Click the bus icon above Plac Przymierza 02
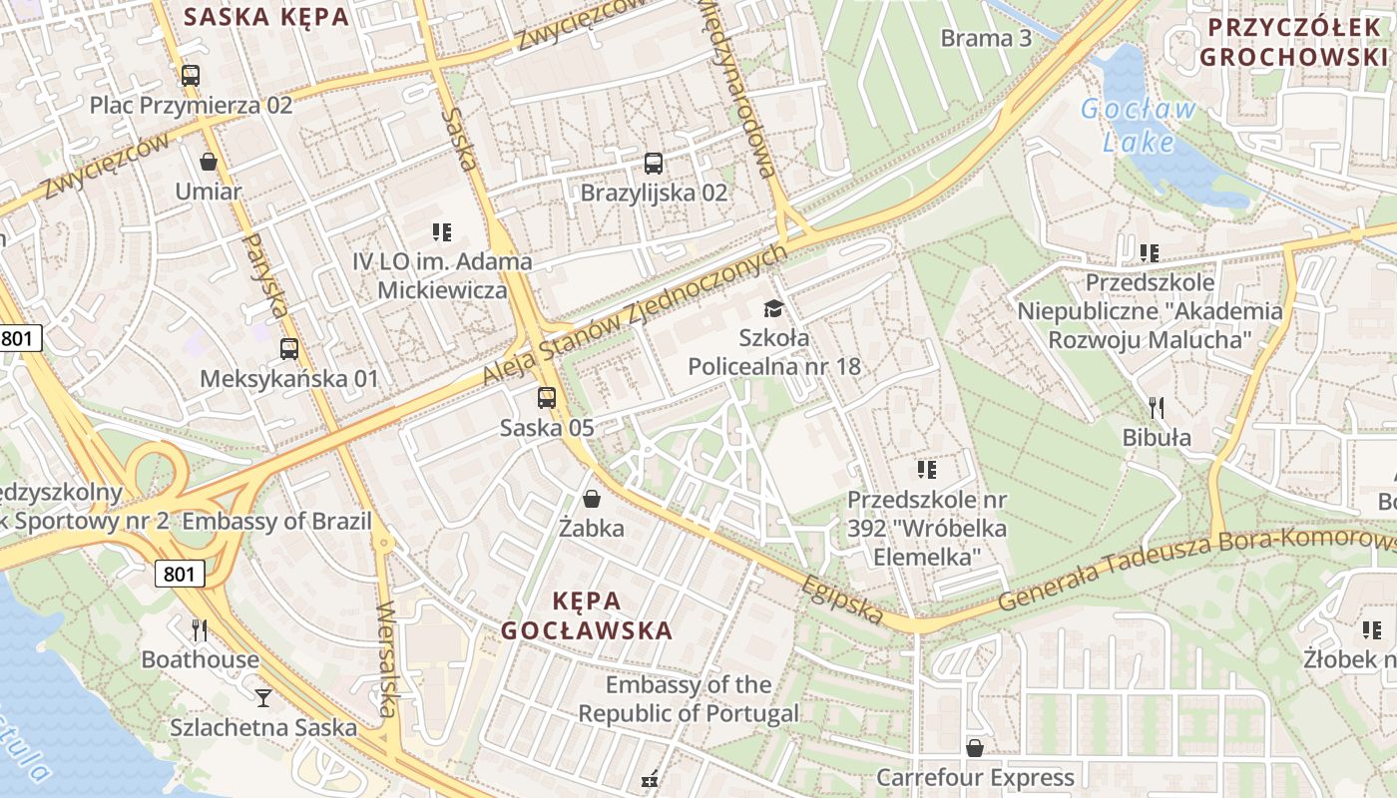[x=190, y=75]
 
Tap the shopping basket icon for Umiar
[x=209, y=161]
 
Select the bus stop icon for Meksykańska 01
[x=289, y=349]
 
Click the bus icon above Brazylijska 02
[x=654, y=163]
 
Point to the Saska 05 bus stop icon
[x=547, y=398]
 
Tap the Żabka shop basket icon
[x=592, y=499]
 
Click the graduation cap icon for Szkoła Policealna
[x=773, y=308]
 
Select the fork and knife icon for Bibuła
[x=1157, y=407]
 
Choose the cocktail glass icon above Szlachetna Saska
[x=263, y=697]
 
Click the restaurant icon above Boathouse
[x=200, y=629]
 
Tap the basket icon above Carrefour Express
[x=975, y=747]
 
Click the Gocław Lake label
[x=1138, y=126]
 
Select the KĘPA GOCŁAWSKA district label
[x=587, y=615]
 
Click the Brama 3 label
[x=986, y=39]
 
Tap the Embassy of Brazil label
[x=276, y=521]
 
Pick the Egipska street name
[x=842, y=598]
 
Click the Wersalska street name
[x=387, y=658]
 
